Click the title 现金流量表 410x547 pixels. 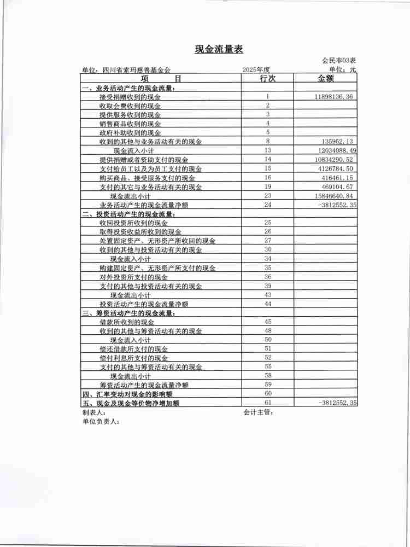click(219, 50)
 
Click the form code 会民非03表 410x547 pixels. click(339, 60)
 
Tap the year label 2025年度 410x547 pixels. click(256, 70)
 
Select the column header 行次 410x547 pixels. click(267, 79)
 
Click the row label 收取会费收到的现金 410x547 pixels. click(130, 106)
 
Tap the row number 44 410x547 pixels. click(268, 304)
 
